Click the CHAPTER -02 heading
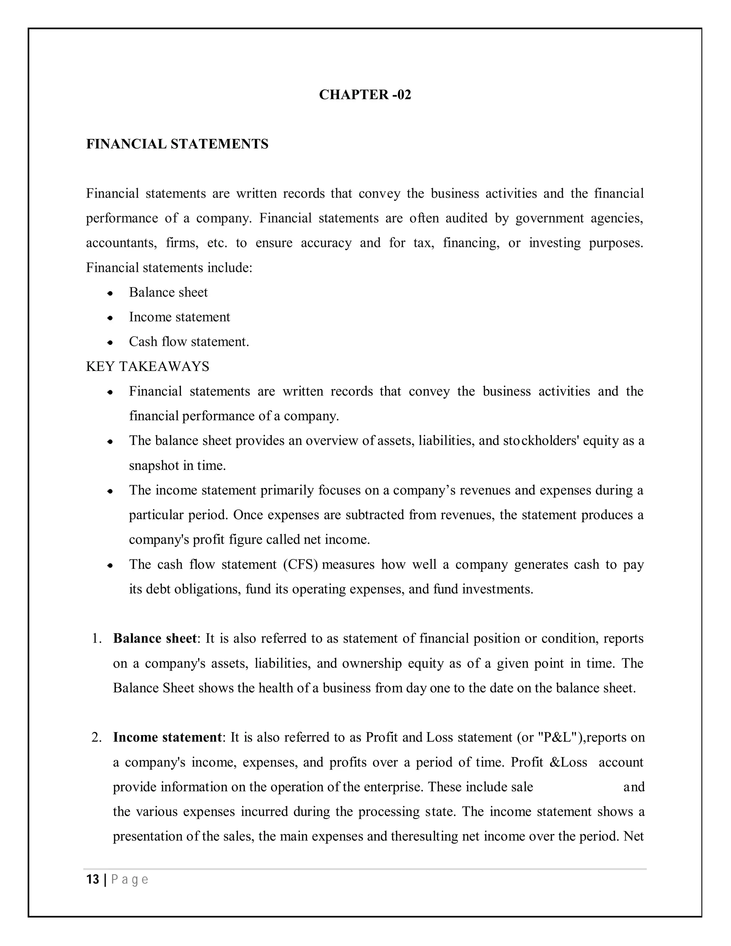[365, 95]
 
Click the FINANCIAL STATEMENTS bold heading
[177, 144]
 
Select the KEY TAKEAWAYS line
[147, 367]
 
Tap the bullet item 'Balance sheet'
[168, 292]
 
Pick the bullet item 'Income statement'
[179, 317]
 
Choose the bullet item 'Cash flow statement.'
[189, 342]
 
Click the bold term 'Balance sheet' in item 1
[155, 639]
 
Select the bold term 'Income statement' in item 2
[167, 737]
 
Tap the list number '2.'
[97, 737]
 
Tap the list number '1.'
[97, 639]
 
